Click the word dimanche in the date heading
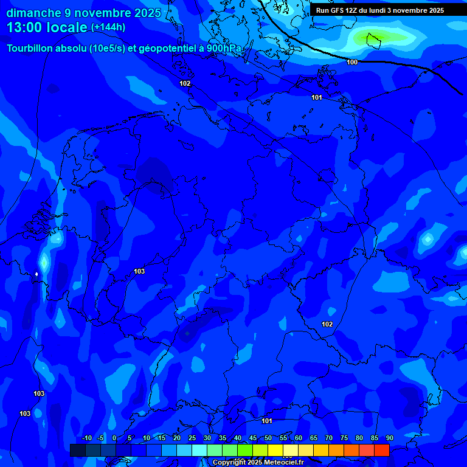(33, 13)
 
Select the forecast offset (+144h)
(108, 27)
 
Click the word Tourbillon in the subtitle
(30, 48)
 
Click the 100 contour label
(352, 62)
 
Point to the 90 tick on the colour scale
(389, 438)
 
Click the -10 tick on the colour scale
(86, 438)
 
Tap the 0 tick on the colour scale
(114, 438)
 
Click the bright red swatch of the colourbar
(381, 450)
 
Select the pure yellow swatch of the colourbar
(275, 450)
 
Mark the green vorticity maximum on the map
(371, 40)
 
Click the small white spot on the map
(36, 274)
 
